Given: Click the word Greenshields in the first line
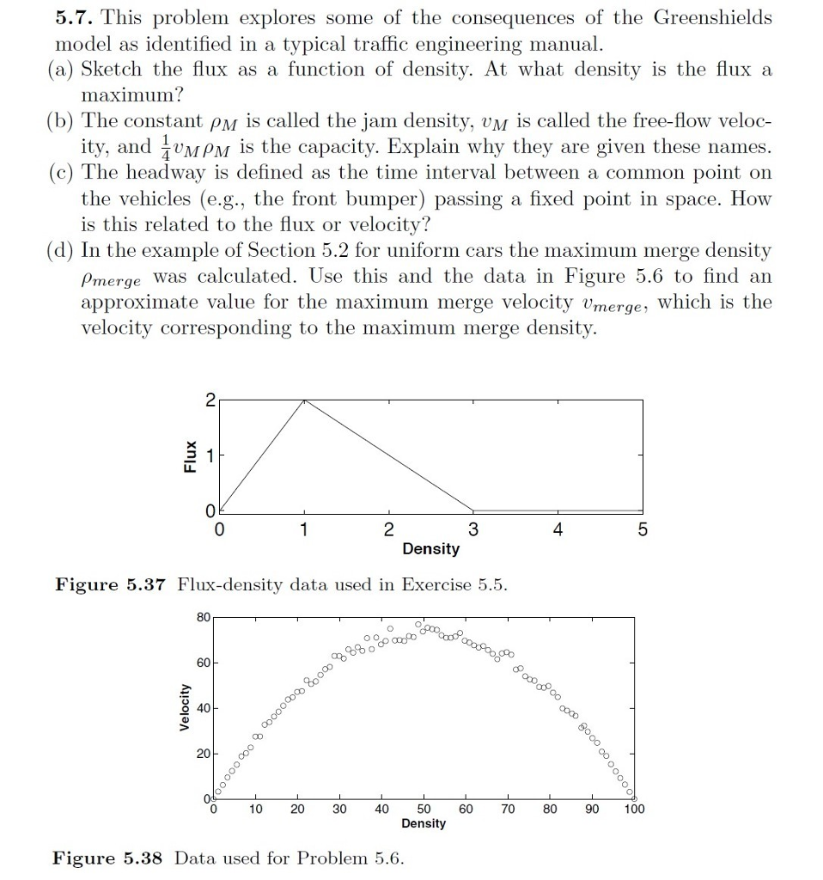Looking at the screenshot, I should point(712,18).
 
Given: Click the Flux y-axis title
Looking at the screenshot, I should point(187,455).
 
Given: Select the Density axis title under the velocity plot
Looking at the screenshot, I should point(424,823).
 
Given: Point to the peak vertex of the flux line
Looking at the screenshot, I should point(303,400).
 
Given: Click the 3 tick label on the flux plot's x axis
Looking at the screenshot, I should point(472,529).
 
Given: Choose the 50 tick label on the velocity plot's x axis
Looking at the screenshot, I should point(424,808).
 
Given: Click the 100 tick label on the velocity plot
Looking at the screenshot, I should point(633,808).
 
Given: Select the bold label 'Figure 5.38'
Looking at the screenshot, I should point(109,858).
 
